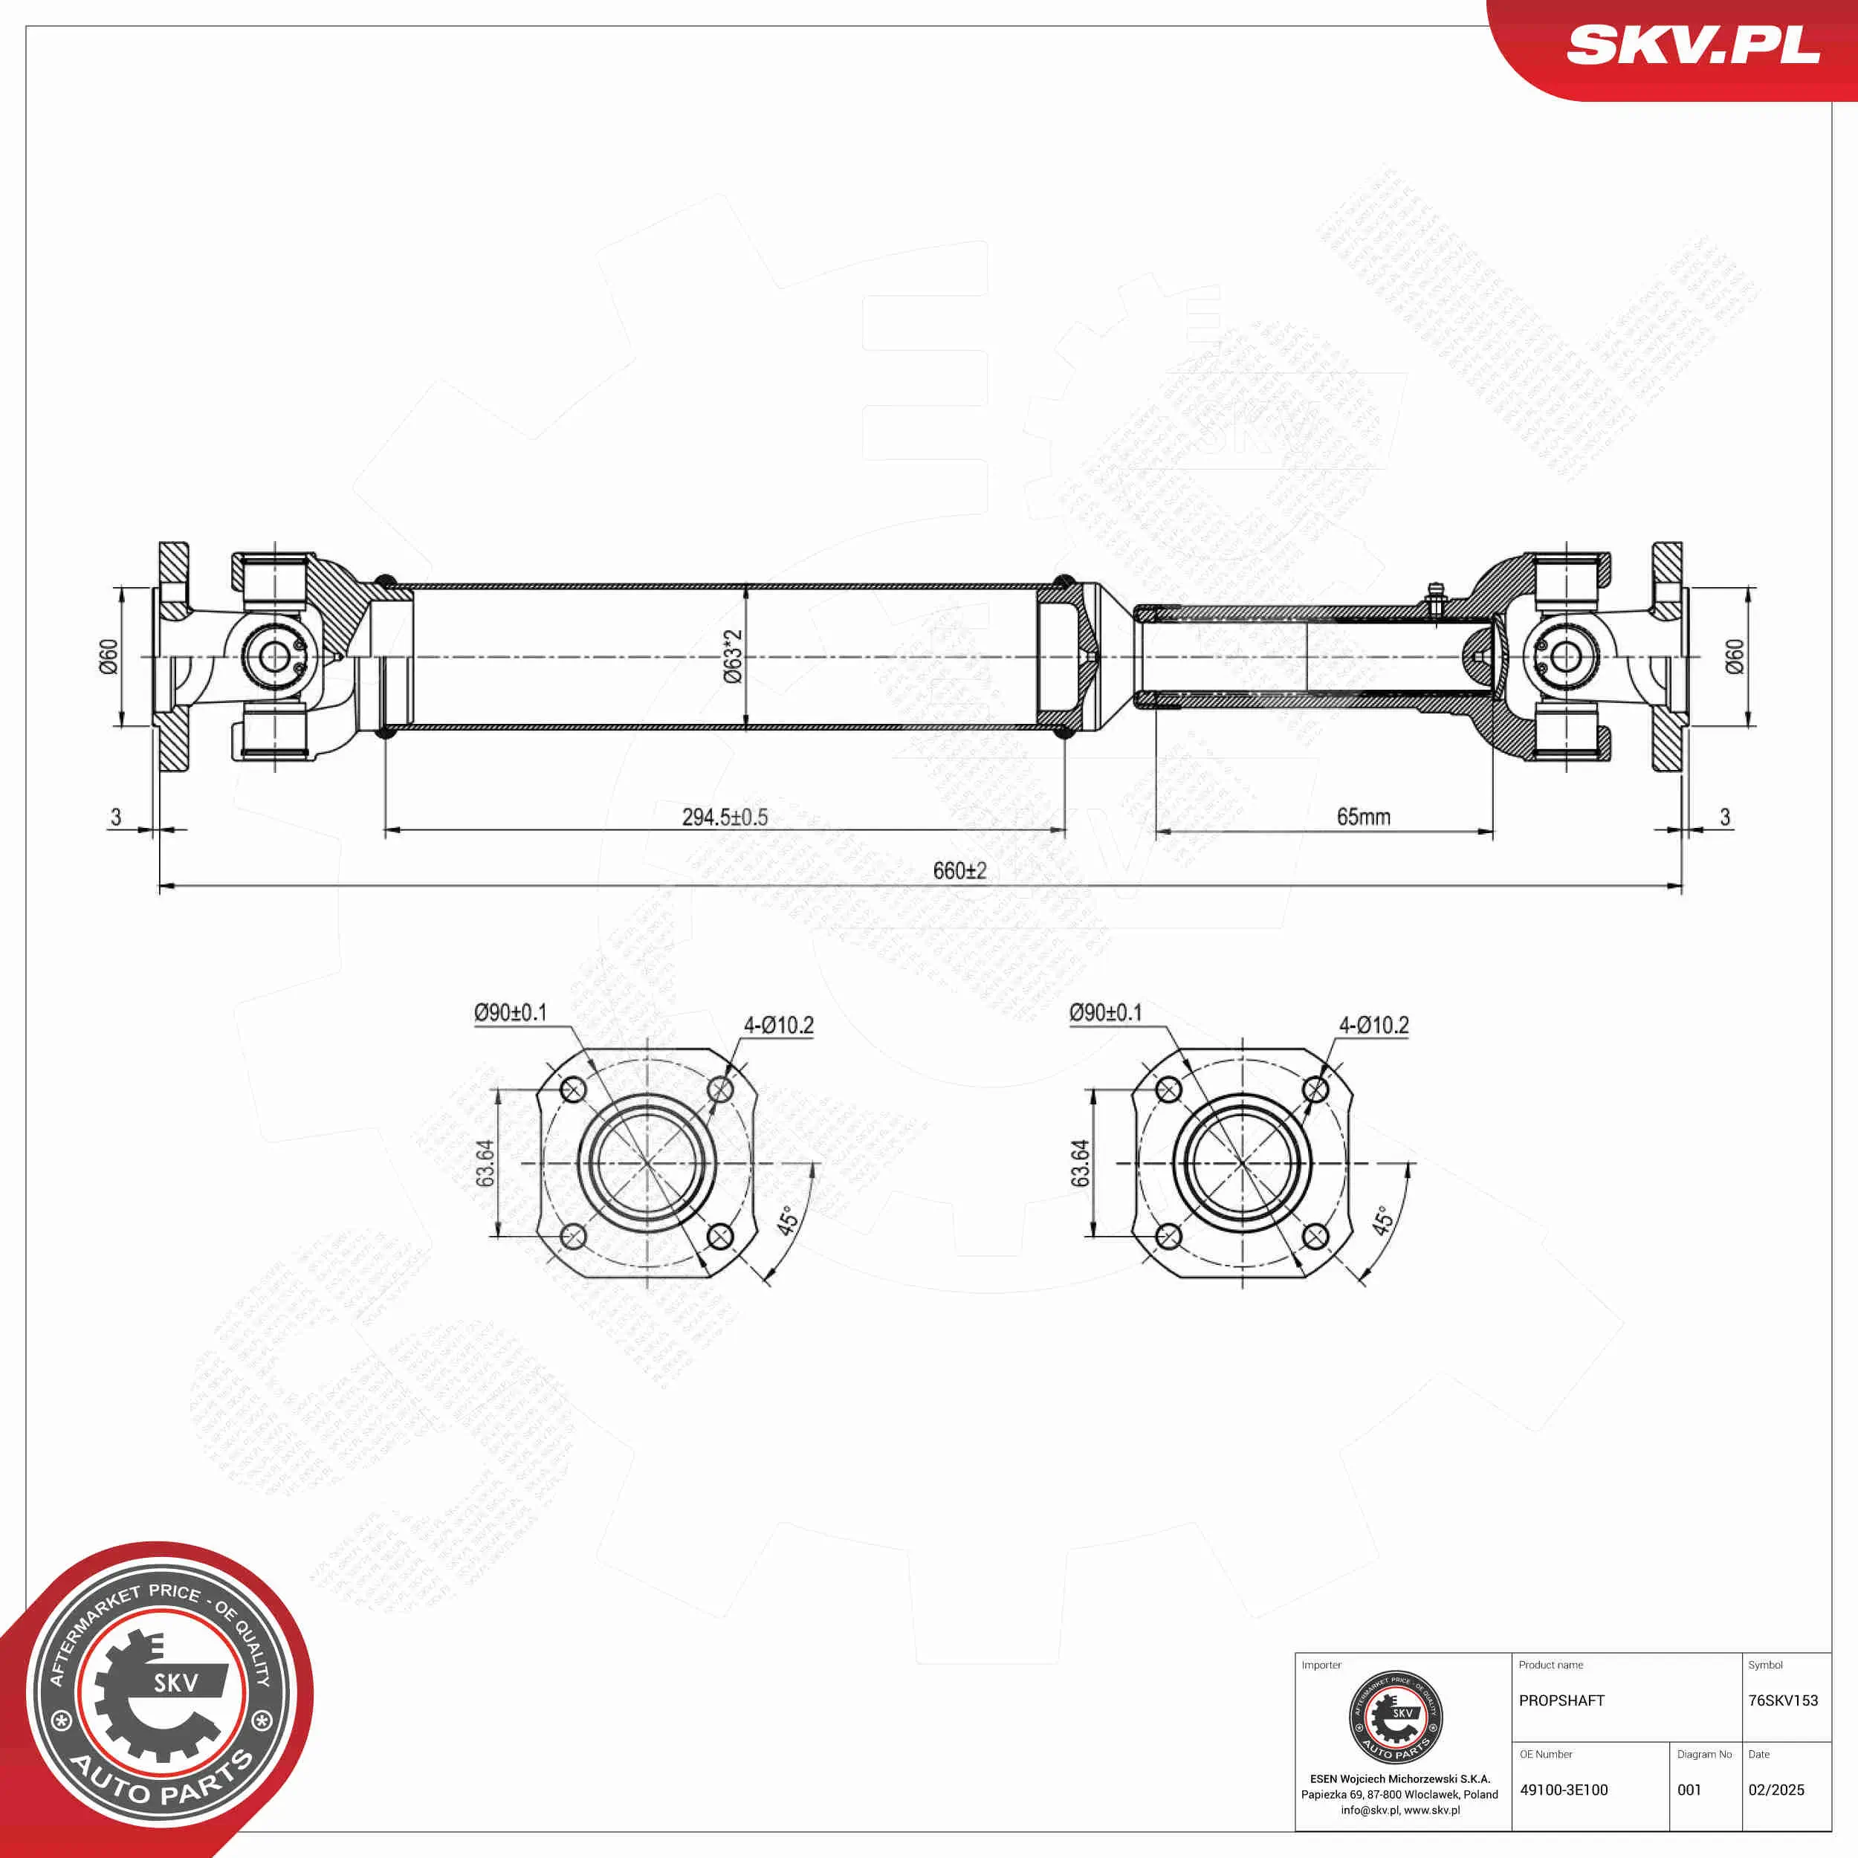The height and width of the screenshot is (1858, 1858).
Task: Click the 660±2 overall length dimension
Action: [x=959, y=871]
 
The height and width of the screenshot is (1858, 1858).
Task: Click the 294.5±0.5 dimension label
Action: [x=724, y=818]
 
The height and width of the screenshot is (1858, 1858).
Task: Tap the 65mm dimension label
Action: [x=1363, y=818]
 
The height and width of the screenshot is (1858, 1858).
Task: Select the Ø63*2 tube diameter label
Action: [x=733, y=656]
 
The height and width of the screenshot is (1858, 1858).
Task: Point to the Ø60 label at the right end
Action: [x=1734, y=656]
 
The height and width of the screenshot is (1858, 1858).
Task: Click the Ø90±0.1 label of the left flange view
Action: [x=510, y=1013]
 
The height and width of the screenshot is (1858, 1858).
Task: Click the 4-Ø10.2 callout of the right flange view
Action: [x=1373, y=1025]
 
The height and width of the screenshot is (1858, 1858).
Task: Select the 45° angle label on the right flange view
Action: [x=1382, y=1220]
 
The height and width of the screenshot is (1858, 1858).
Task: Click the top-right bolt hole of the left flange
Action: [x=720, y=1090]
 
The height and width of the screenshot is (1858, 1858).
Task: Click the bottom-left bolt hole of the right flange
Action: [x=1168, y=1237]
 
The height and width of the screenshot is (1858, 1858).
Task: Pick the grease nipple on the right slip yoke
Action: [x=1435, y=596]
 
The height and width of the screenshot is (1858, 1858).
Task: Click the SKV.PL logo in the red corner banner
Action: [x=1692, y=45]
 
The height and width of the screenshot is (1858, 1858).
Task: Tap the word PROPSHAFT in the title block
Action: [x=1561, y=1700]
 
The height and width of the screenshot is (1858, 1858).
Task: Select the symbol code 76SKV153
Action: [x=1783, y=1700]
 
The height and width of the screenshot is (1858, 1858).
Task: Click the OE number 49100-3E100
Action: [x=1564, y=1790]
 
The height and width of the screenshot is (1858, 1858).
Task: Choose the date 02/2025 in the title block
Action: [x=1776, y=1790]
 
